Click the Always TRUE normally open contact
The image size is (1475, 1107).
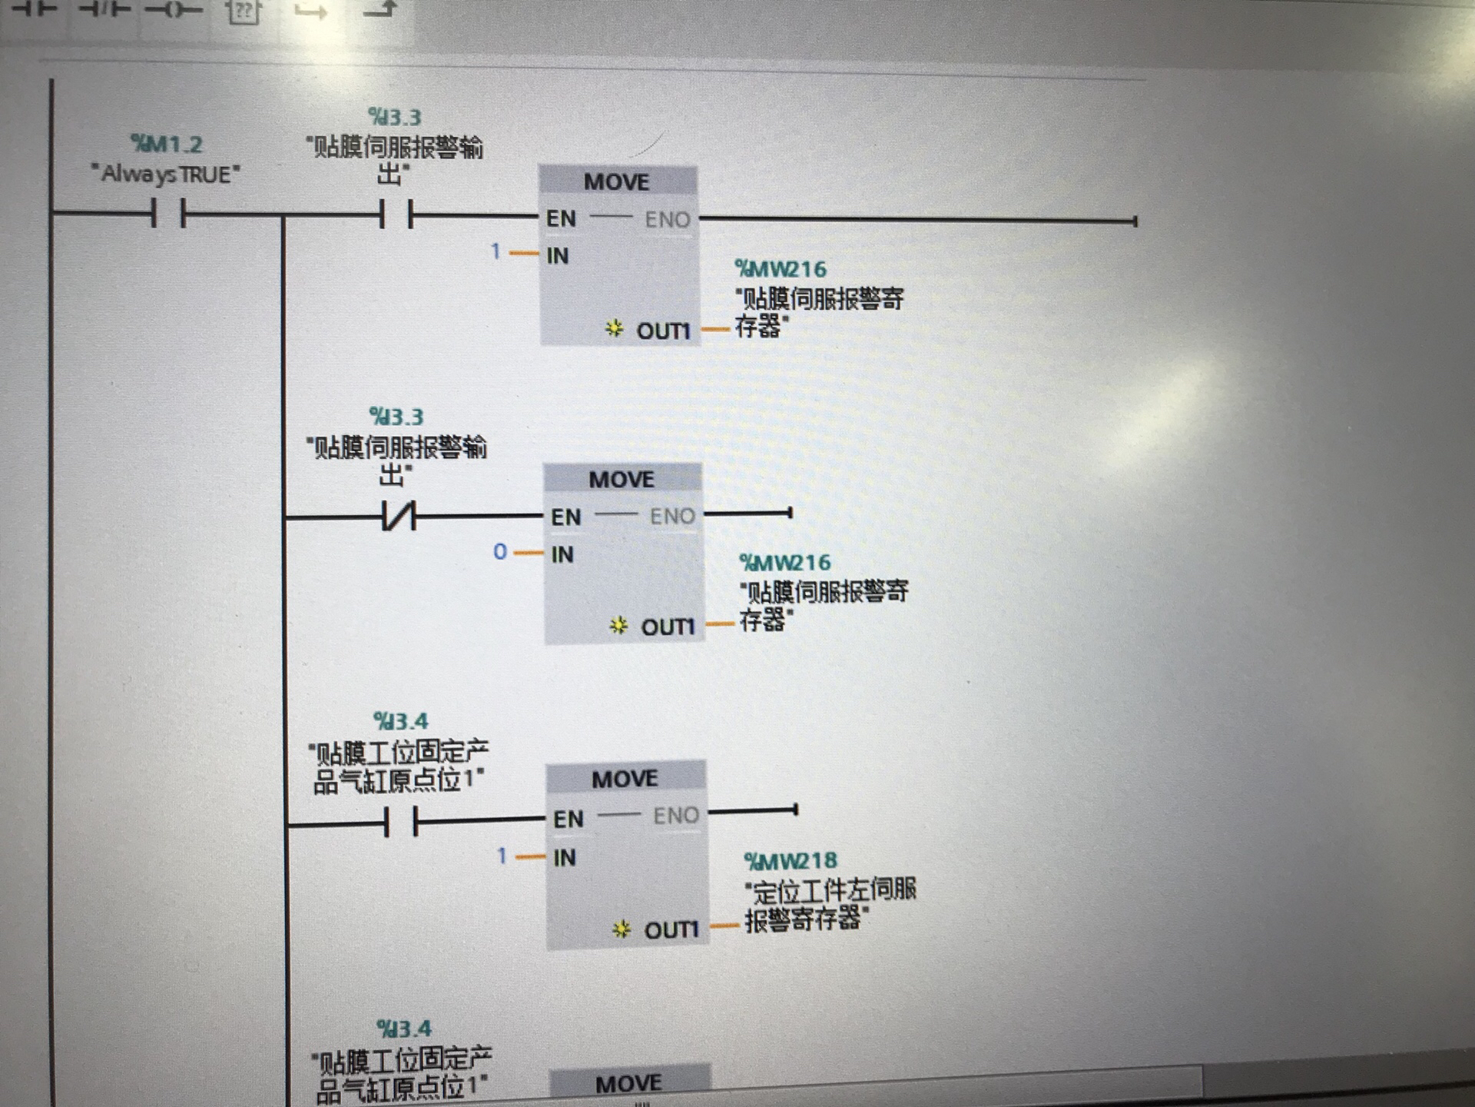click(168, 214)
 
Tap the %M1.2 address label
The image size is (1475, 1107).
click(166, 144)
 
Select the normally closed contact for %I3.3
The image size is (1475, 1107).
click(399, 516)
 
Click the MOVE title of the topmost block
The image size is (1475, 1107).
click(616, 182)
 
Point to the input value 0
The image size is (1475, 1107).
click(500, 552)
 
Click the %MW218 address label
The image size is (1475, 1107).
click(790, 861)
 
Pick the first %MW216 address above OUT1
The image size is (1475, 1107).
click(781, 269)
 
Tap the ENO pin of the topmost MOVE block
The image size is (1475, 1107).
click(667, 220)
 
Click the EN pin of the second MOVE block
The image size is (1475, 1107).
click(565, 517)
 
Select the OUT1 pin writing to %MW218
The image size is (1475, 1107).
click(671, 930)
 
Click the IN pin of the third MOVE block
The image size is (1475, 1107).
click(565, 858)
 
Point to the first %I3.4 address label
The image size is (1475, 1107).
click(400, 721)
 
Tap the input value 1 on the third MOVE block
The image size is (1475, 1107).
click(502, 856)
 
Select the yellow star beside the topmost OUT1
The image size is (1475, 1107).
click(614, 330)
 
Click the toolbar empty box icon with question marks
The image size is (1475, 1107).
click(243, 11)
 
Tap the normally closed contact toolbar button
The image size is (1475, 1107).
click(104, 9)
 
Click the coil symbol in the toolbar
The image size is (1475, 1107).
click(174, 10)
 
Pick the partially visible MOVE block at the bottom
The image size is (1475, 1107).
click(629, 1084)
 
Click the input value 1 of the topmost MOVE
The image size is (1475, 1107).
click(496, 251)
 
